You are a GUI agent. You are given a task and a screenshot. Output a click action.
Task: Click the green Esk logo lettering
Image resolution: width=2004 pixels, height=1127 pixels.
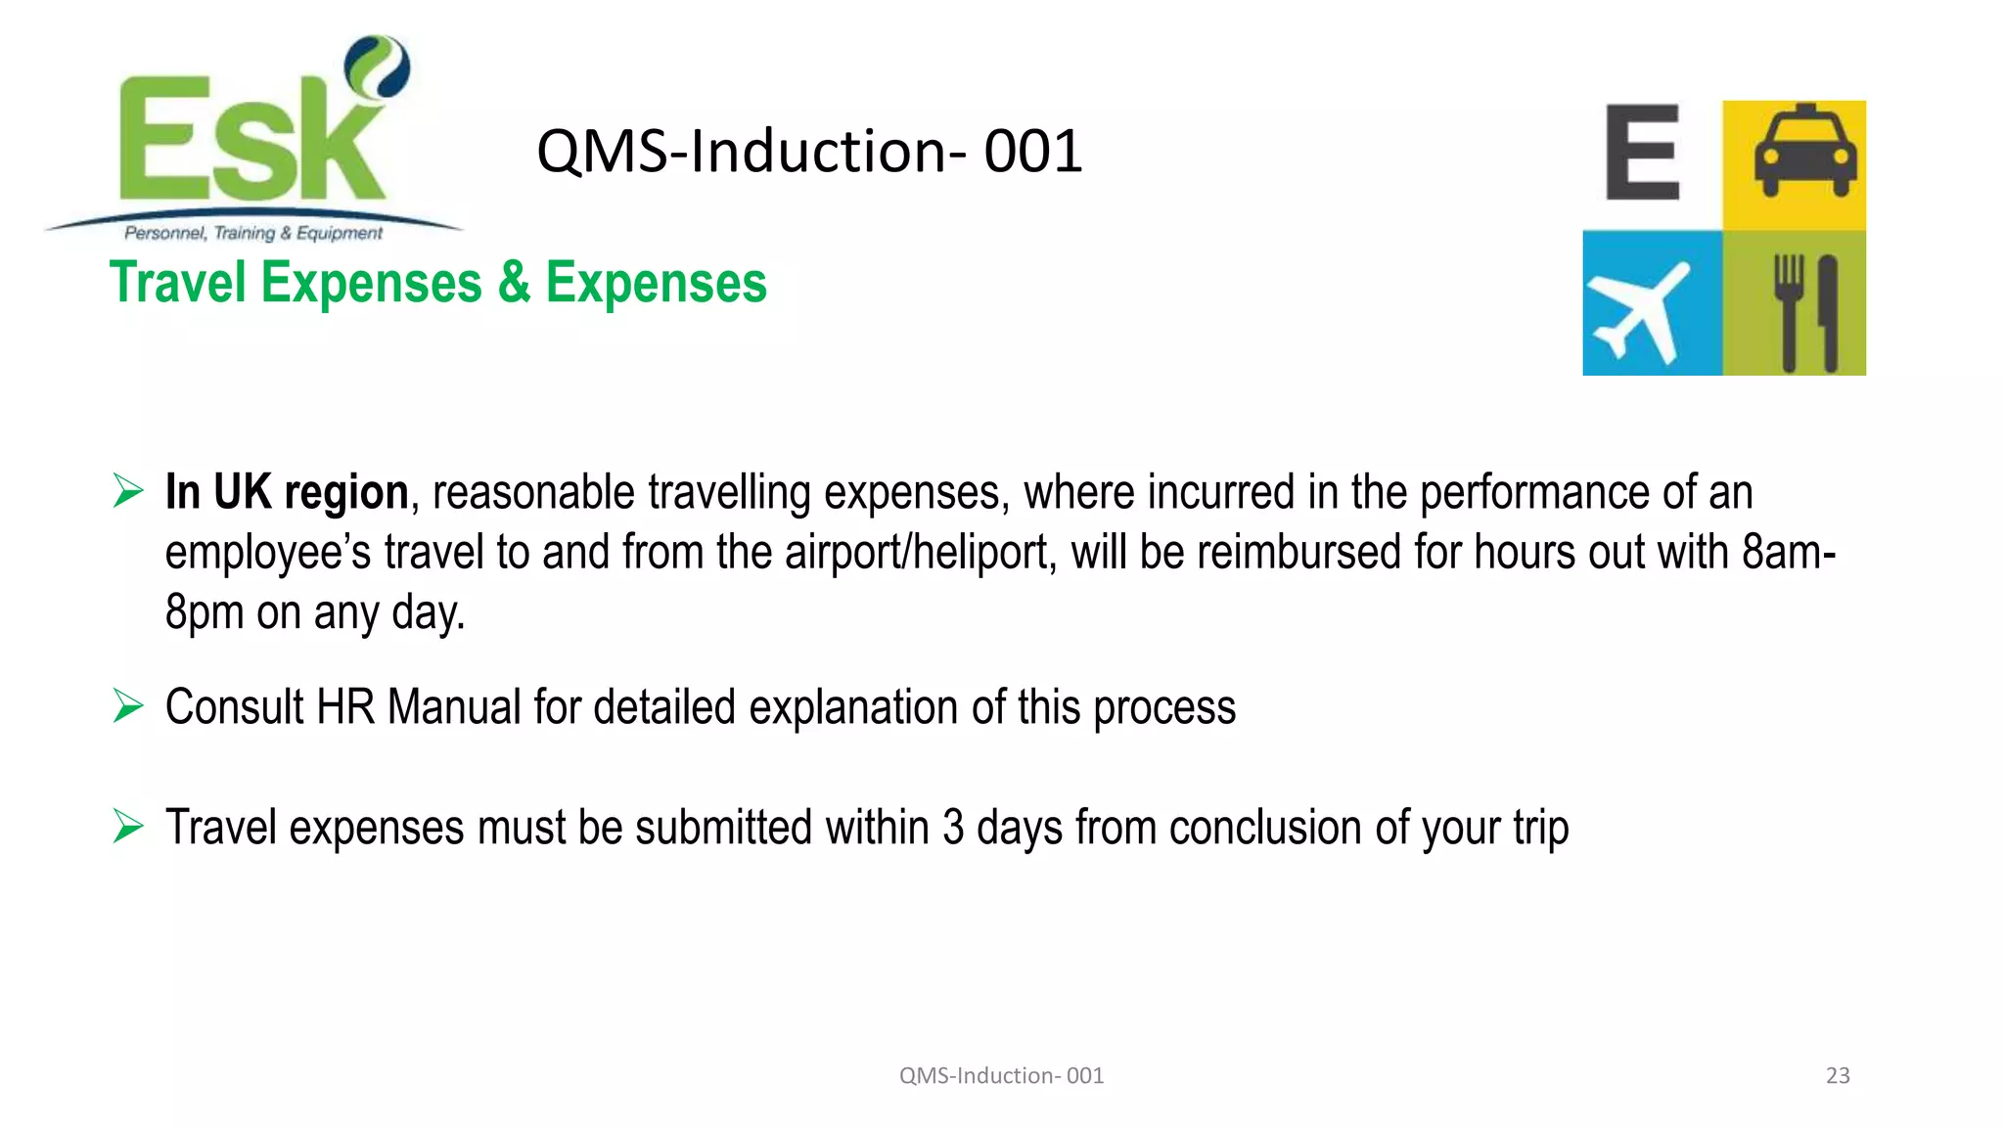[x=250, y=142]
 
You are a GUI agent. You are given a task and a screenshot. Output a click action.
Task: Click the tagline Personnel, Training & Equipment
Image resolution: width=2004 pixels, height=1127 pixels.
[x=253, y=233]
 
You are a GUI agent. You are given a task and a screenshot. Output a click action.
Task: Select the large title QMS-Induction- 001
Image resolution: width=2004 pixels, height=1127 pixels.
[x=809, y=152]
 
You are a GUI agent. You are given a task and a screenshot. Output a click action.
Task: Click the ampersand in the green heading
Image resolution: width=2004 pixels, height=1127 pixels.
[x=514, y=283]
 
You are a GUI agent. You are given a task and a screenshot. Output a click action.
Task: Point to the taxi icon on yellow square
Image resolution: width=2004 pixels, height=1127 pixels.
[x=1804, y=152]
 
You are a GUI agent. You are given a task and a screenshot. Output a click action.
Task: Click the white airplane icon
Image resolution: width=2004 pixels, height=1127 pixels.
[x=1639, y=309]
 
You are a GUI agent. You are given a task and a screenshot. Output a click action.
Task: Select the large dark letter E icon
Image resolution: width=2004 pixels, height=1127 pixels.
[x=1643, y=153]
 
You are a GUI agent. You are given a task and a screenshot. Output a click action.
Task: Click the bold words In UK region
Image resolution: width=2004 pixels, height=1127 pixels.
[x=286, y=492]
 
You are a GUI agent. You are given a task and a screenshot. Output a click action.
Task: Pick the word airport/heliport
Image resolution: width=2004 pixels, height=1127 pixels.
[x=920, y=553]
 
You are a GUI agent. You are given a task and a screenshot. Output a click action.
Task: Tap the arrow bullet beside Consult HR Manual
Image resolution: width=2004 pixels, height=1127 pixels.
[x=128, y=705]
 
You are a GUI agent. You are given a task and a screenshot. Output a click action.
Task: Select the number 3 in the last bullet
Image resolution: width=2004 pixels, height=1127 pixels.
[x=953, y=828]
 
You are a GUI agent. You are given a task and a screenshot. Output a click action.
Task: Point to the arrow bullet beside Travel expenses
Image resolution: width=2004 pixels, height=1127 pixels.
[x=128, y=827]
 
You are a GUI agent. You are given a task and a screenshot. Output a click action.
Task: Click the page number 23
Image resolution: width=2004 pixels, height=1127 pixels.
[x=1838, y=1076]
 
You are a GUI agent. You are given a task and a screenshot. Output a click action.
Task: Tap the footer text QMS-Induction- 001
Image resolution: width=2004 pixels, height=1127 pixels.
[x=1001, y=1076]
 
